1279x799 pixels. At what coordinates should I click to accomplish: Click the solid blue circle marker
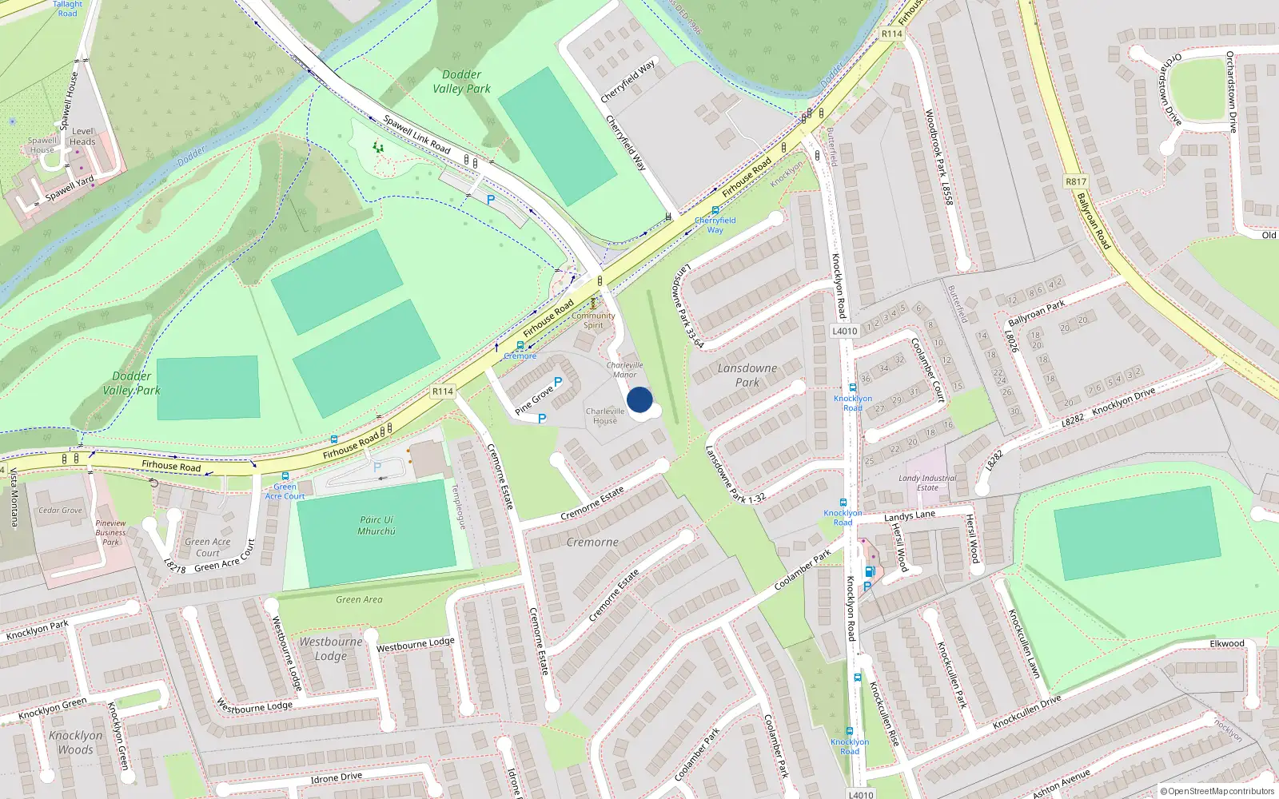tap(639, 399)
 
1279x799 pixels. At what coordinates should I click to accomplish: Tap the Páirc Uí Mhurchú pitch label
tap(377, 525)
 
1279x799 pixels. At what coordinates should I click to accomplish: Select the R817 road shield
tap(1076, 181)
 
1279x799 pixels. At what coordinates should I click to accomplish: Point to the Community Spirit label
tap(593, 320)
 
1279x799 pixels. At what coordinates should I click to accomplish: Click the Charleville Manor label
tap(624, 370)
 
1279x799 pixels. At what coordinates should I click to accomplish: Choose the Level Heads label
tap(82, 137)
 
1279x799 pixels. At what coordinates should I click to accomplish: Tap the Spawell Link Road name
tap(416, 133)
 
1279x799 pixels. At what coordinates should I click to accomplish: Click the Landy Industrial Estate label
tap(927, 483)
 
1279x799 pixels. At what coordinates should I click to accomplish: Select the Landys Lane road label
tap(909, 516)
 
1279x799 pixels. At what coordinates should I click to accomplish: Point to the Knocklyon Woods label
tap(76, 742)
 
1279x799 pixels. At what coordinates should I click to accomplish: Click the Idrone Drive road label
tap(336, 777)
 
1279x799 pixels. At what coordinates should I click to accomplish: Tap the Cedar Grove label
tap(60, 510)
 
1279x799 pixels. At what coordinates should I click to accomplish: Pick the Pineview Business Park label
tap(110, 532)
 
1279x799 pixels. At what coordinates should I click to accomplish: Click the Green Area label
tap(359, 599)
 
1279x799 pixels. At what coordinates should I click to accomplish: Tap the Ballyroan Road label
tap(1093, 221)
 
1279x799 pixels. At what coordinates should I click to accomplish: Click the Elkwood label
tap(1226, 643)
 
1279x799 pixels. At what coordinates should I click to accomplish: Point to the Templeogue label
tap(459, 507)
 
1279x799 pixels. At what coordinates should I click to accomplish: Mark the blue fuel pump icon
tap(869, 571)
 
